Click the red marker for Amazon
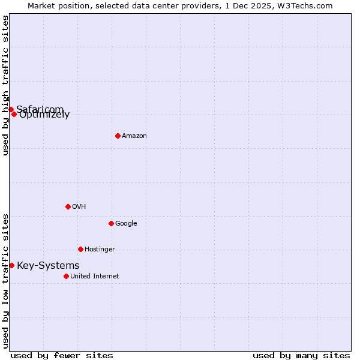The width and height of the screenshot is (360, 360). (x=118, y=136)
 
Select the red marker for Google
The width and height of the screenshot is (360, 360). (x=111, y=223)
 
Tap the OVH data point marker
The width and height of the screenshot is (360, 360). (x=68, y=206)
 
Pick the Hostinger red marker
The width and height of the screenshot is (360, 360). (x=80, y=249)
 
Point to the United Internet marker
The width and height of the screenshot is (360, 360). (x=66, y=276)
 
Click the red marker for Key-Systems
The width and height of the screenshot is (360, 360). (x=11, y=265)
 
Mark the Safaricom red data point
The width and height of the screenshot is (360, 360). (x=11, y=109)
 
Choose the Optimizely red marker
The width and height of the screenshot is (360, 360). (x=14, y=114)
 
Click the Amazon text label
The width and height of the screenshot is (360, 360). (x=134, y=136)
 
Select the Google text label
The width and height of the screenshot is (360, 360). (x=126, y=224)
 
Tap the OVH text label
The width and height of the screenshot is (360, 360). (x=79, y=207)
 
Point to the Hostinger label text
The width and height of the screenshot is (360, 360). (x=100, y=250)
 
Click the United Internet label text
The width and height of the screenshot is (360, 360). (x=95, y=277)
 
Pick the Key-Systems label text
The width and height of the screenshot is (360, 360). (x=48, y=266)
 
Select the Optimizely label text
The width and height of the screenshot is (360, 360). (x=44, y=115)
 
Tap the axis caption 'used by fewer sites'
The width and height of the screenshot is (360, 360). (x=62, y=356)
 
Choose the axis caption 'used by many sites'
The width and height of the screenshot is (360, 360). (x=301, y=356)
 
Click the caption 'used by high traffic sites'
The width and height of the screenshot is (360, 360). (x=5, y=85)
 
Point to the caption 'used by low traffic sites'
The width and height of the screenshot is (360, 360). (x=5, y=281)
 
